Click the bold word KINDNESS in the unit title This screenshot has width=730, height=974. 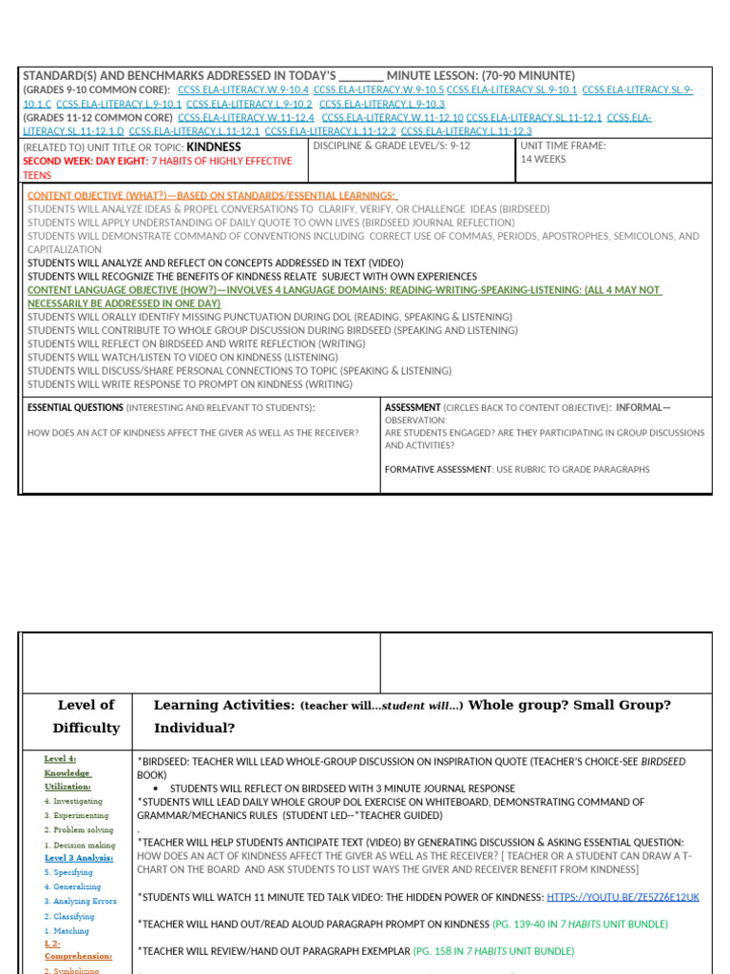click(x=214, y=147)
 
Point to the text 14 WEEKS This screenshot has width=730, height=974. click(x=543, y=160)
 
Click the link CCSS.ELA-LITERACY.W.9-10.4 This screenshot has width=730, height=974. click(x=242, y=89)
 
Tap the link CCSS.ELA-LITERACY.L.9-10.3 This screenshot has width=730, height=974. click(x=382, y=104)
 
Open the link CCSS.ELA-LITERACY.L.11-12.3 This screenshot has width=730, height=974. click(x=466, y=131)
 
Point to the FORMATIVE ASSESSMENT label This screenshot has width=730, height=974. click(x=437, y=469)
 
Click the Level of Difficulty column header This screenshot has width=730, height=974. click(x=86, y=716)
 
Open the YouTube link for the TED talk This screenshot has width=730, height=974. click(x=623, y=897)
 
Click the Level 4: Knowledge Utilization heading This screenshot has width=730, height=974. click(x=67, y=772)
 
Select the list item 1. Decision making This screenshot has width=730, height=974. click(x=80, y=845)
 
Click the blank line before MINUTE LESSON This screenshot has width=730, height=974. click(x=361, y=76)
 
